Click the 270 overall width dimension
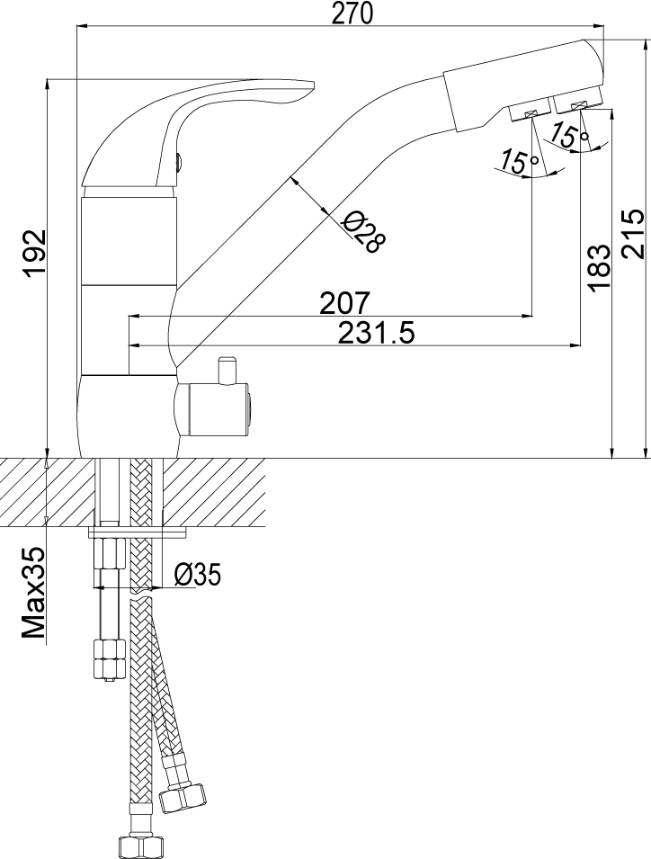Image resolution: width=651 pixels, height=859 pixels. point(352,13)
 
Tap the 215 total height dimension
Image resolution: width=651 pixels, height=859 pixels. point(634,233)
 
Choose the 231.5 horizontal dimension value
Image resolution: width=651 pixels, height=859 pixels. point(376,333)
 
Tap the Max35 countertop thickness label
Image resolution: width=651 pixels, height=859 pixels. point(34,592)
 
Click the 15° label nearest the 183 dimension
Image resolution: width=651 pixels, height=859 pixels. point(569,134)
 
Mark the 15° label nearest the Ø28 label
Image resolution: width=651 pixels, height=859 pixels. point(519,161)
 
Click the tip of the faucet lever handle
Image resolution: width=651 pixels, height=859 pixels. point(313,85)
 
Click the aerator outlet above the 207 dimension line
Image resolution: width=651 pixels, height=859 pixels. point(530,113)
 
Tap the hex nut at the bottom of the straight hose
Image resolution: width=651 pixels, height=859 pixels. point(136,846)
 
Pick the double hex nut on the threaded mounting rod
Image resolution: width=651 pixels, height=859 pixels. point(109,658)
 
